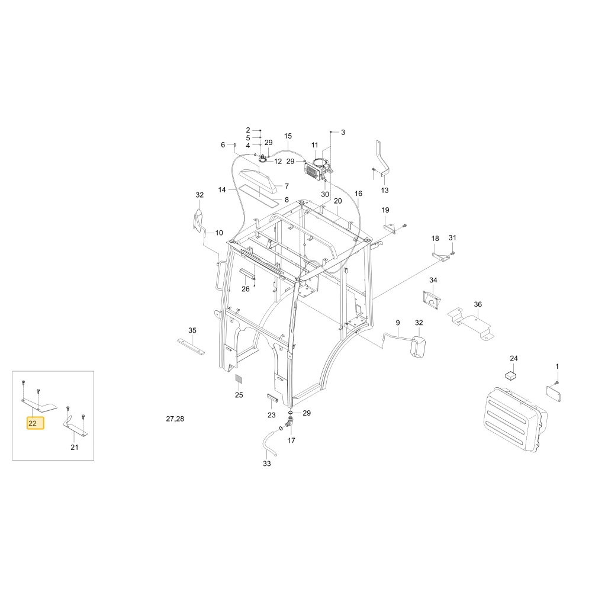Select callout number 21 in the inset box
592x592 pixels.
(x=75, y=448)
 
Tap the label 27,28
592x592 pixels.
(x=175, y=419)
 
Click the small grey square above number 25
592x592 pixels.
(x=239, y=379)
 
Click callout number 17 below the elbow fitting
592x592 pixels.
(x=291, y=440)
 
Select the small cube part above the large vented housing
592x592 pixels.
(x=511, y=375)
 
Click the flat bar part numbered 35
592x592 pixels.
(x=191, y=346)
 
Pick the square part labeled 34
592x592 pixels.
(x=431, y=300)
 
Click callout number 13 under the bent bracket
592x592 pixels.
(x=385, y=190)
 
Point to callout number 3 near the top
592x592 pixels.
(x=343, y=133)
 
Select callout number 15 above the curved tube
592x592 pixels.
(x=288, y=136)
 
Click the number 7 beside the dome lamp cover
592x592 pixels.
(x=287, y=186)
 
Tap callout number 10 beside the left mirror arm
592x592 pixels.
(x=219, y=233)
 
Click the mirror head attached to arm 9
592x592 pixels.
(x=417, y=346)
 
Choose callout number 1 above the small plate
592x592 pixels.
(x=557, y=366)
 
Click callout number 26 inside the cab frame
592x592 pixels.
(x=246, y=289)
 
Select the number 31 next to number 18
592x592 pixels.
(x=452, y=238)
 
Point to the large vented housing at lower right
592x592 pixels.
(x=515, y=420)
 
